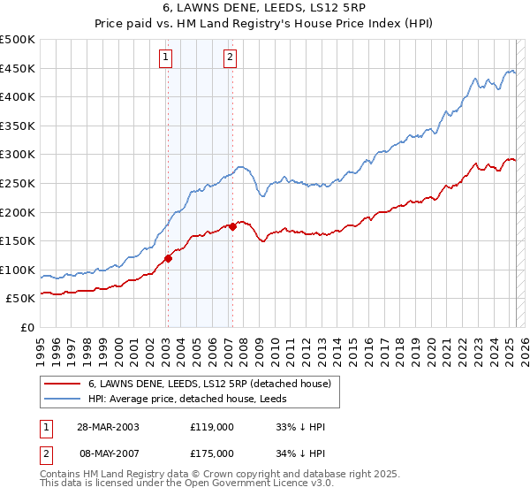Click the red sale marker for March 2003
168,259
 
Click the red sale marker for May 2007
232,226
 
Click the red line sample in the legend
62,384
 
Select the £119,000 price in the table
211,427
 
